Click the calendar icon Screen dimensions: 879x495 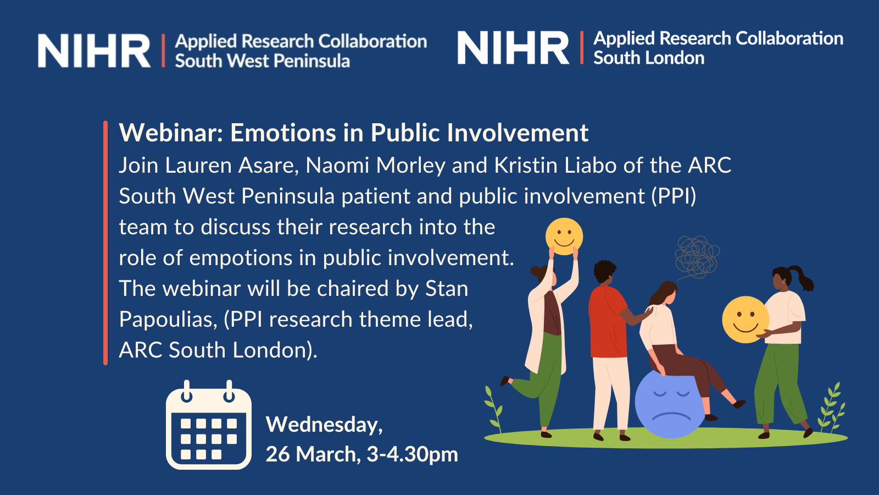[209, 425]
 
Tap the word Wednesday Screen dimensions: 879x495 [324, 425]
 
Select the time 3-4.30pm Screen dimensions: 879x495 [413, 454]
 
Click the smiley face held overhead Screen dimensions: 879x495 [564, 237]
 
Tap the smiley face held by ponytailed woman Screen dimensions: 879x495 [745, 320]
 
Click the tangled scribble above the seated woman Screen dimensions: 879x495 [697, 257]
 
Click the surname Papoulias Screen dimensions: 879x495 [168, 320]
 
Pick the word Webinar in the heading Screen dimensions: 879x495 [171, 133]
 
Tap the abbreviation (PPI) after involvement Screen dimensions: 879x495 [674, 196]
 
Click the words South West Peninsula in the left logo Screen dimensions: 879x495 [262, 61]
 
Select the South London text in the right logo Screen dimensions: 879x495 [649, 58]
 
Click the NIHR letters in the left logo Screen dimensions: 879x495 [94, 51]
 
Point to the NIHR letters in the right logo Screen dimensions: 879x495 [513, 47]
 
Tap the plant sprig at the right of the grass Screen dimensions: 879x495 [831, 409]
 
